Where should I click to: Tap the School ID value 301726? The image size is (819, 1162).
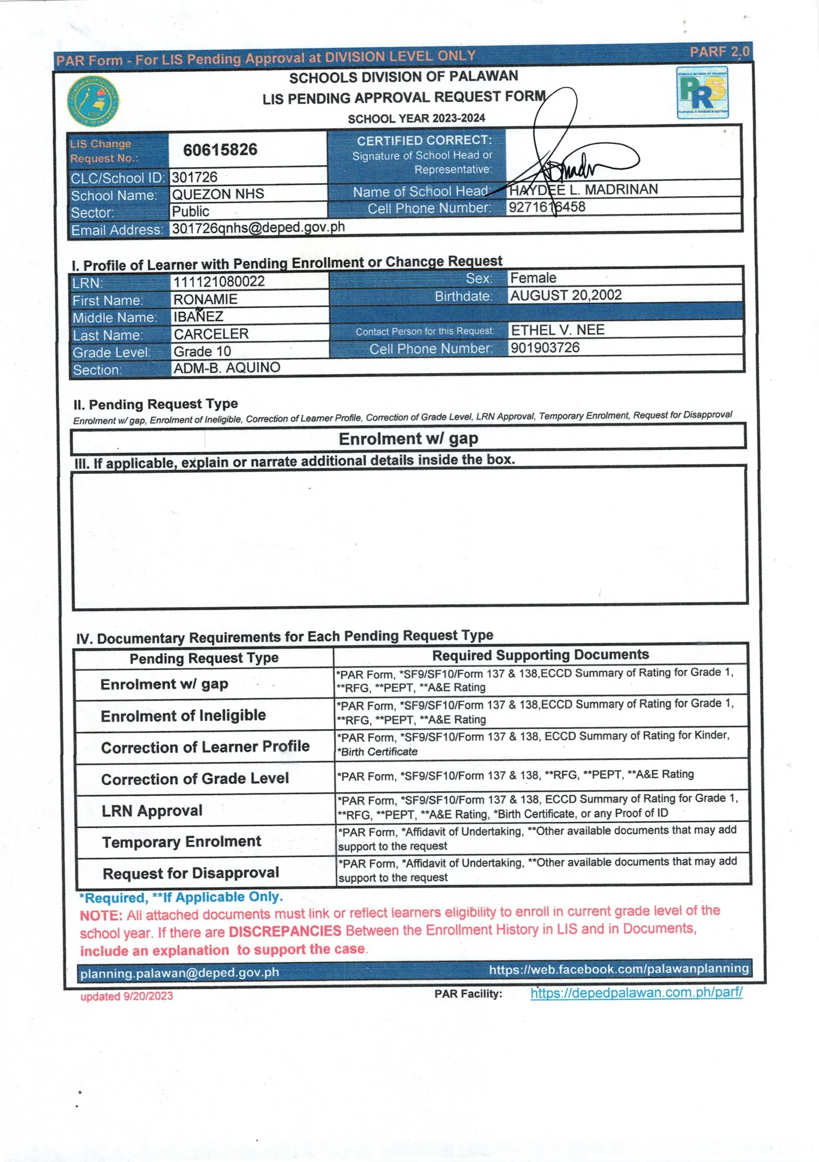pos(194,177)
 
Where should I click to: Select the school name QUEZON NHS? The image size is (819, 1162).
pos(218,194)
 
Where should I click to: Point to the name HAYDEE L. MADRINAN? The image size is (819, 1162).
pos(583,190)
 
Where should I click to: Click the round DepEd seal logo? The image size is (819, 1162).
pos(94,102)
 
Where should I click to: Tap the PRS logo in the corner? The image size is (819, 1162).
pos(703,93)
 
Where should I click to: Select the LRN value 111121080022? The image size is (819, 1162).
pos(219,281)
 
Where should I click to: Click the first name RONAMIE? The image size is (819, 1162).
pos(205,299)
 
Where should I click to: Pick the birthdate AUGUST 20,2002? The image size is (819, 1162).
pos(565,295)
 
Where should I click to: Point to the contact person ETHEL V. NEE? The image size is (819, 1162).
pos(557,330)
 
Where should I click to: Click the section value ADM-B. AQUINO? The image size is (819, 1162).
pos(227,368)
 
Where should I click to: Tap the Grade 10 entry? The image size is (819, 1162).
pos(202,351)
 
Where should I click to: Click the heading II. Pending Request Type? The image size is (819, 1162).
pos(156,405)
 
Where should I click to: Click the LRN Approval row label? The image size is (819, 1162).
pos(152,811)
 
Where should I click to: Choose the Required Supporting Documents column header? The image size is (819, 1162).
pos(540,655)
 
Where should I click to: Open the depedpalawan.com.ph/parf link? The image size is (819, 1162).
pos(636,992)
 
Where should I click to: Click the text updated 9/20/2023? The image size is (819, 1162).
pos(126,996)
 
